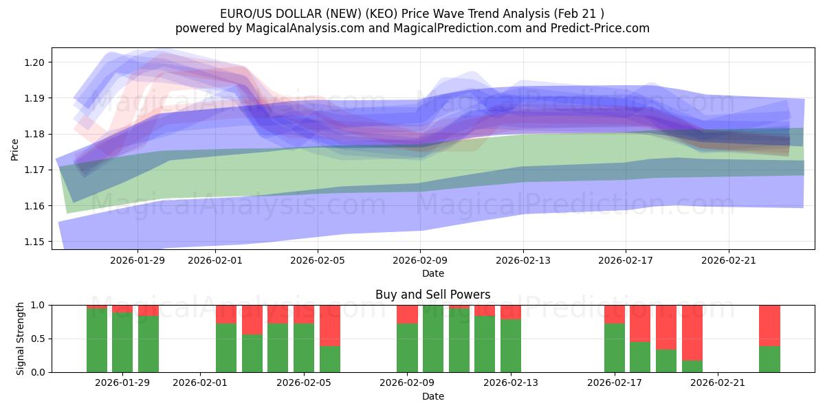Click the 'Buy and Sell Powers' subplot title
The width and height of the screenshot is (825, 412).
pyautogui.click(x=432, y=295)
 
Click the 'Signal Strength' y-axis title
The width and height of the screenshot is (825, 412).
pyautogui.click(x=21, y=338)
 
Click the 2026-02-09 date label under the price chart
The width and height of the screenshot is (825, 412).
pyautogui.click(x=420, y=260)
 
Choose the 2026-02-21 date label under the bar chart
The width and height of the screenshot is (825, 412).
pyautogui.click(x=718, y=382)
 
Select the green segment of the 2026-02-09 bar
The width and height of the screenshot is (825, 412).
pyautogui.click(x=407, y=347)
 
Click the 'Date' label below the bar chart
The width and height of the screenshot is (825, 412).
pyautogui.click(x=432, y=396)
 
